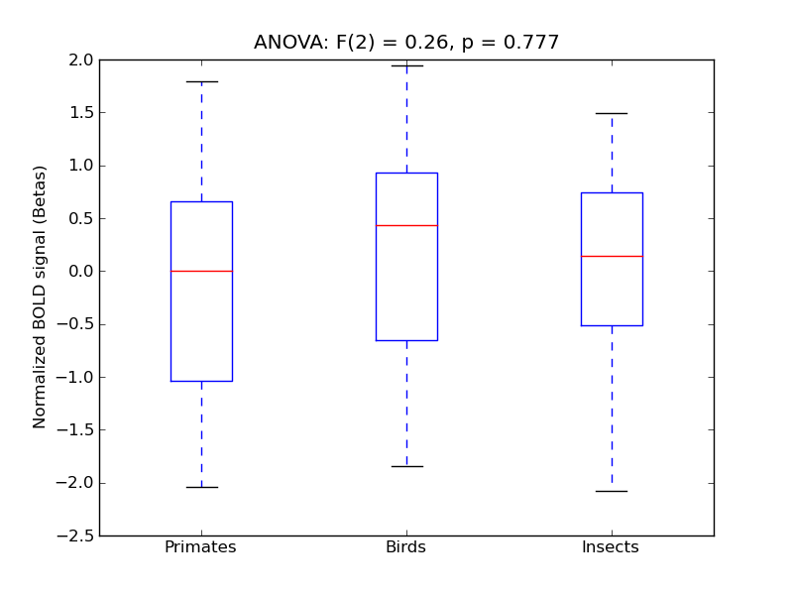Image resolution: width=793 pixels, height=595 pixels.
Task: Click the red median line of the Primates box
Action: [201, 271]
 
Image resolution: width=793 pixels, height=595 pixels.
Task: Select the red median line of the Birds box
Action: [406, 225]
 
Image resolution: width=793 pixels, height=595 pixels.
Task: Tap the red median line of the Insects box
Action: [612, 256]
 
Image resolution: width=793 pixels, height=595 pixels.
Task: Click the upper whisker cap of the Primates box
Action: [201, 81]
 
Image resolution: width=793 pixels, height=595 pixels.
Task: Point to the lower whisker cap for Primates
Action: [201, 487]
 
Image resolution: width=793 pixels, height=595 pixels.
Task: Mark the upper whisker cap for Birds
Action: [406, 65]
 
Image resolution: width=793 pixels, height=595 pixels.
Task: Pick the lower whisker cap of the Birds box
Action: [406, 466]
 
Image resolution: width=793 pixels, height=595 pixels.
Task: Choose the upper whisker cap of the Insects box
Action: [612, 113]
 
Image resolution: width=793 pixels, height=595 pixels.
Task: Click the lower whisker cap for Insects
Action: [612, 491]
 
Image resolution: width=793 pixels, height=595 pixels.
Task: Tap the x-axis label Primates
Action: [200, 547]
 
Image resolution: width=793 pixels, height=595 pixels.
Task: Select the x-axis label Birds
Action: [405, 547]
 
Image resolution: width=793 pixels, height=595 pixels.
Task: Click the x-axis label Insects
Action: [611, 547]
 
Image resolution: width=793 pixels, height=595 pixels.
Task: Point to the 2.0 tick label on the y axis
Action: [81, 59]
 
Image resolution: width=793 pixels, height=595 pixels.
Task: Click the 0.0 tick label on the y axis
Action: [81, 271]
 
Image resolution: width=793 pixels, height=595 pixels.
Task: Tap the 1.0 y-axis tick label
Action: [81, 166]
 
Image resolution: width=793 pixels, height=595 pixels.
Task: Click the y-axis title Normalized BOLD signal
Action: [41, 297]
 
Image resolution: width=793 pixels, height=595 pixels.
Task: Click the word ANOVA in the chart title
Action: [286, 43]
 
